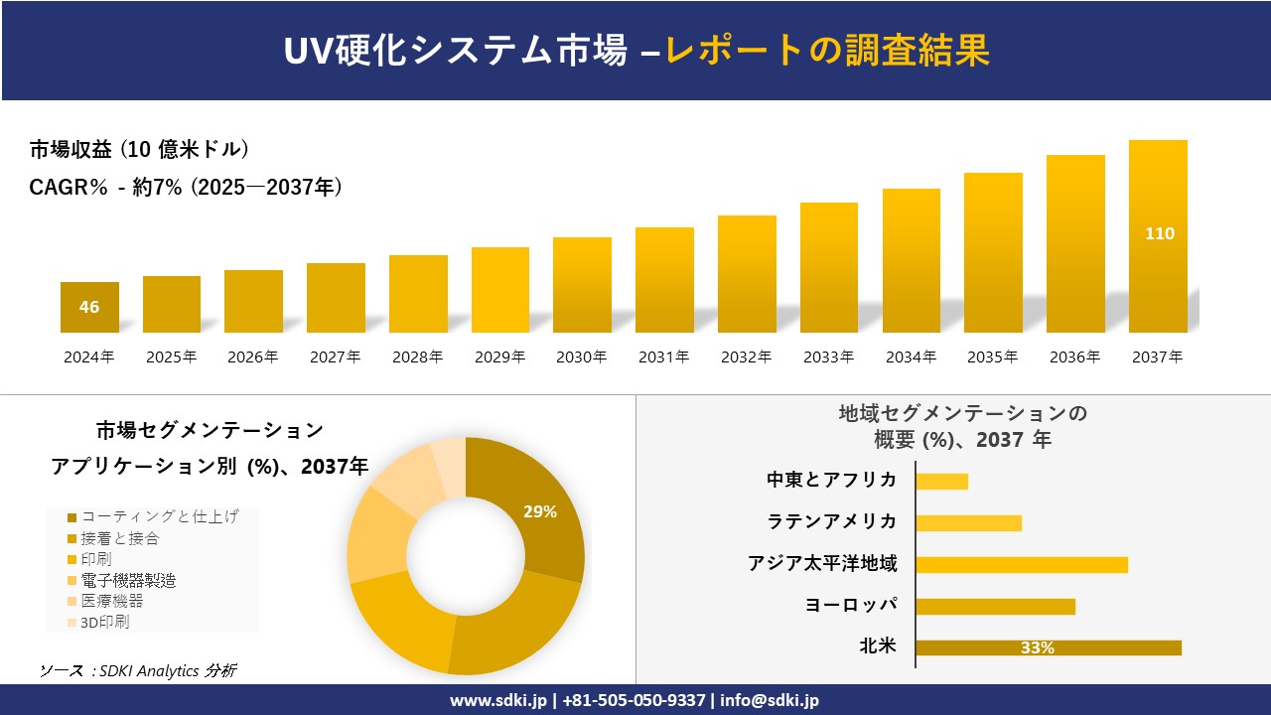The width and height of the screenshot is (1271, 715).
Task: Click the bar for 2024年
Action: click(x=89, y=307)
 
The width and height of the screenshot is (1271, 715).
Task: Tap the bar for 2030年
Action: click(x=582, y=285)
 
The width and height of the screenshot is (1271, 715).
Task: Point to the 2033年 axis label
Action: click(x=828, y=357)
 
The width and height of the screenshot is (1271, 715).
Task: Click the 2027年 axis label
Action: click(x=335, y=357)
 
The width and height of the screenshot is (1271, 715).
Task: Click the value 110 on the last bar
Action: click(x=1159, y=234)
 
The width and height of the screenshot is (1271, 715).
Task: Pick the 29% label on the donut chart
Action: click(x=540, y=512)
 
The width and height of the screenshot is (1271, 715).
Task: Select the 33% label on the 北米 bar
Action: click(x=1037, y=648)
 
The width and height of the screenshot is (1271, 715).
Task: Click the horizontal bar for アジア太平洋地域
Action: click(x=1021, y=565)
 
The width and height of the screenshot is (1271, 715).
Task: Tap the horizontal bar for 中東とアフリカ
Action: click(x=941, y=482)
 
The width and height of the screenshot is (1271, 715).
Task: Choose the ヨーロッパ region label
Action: click(x=851, y=605)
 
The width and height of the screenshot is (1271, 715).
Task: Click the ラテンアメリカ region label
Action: click(x=831, y=521)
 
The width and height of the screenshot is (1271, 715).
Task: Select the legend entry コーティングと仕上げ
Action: click(x=159, y=516)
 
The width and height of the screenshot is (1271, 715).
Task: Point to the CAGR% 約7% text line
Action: click(x=186, y=187)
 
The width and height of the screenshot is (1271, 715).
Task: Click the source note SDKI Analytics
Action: click(x=139, y=670)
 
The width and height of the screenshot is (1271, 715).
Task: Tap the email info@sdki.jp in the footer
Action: click(x=770, y=700)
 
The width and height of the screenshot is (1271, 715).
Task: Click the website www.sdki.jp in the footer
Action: click(x=497, y=700)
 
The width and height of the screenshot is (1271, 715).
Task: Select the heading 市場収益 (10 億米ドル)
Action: click(x=139, y=150)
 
